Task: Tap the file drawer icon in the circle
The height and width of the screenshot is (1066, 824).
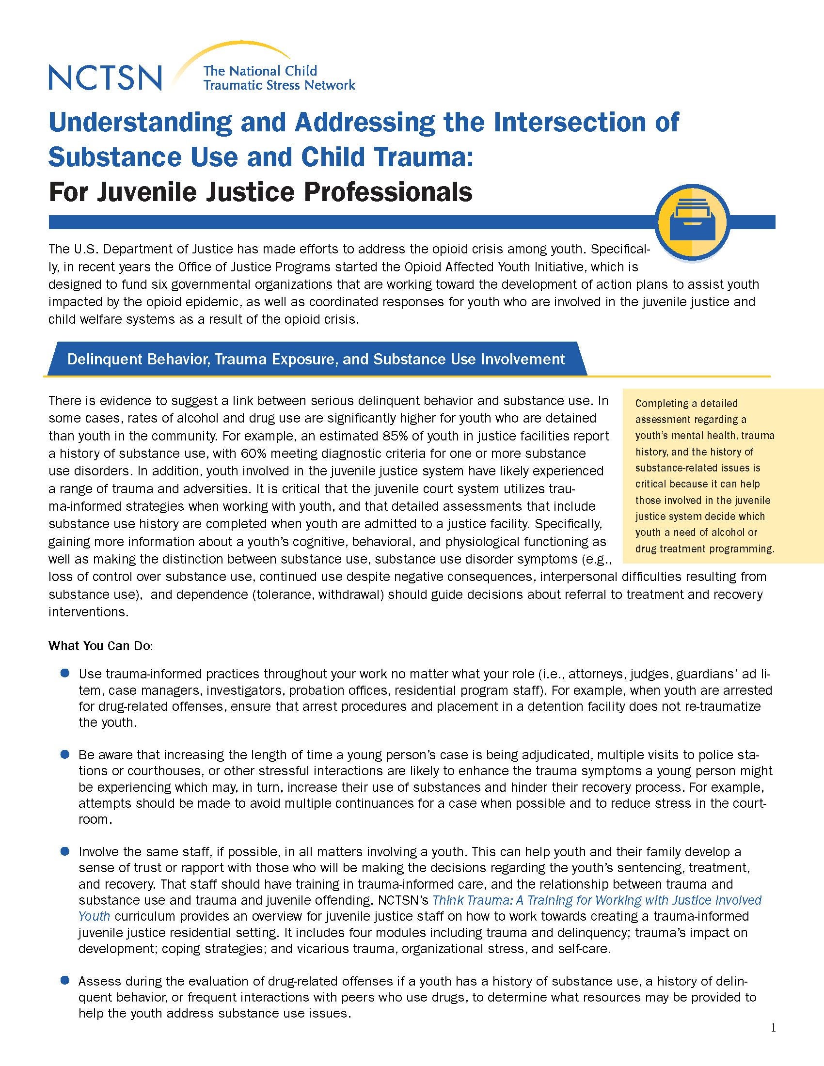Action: click(x=693, y=222)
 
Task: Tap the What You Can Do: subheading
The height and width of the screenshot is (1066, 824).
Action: click(x=101, y=646)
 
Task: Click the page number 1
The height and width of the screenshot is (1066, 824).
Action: click(x=773, y=1028)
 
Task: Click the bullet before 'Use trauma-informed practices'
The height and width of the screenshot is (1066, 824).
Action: click(x=64, y=674)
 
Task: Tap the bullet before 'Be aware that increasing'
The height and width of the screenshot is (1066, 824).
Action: click(x=64, y=754)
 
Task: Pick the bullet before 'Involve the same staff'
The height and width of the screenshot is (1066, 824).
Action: click(x=64, y=852)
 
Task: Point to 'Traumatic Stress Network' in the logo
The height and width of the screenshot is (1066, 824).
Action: click(x=279, y=85)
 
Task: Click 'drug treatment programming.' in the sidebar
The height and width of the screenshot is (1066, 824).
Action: click(x=705, y=549)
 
